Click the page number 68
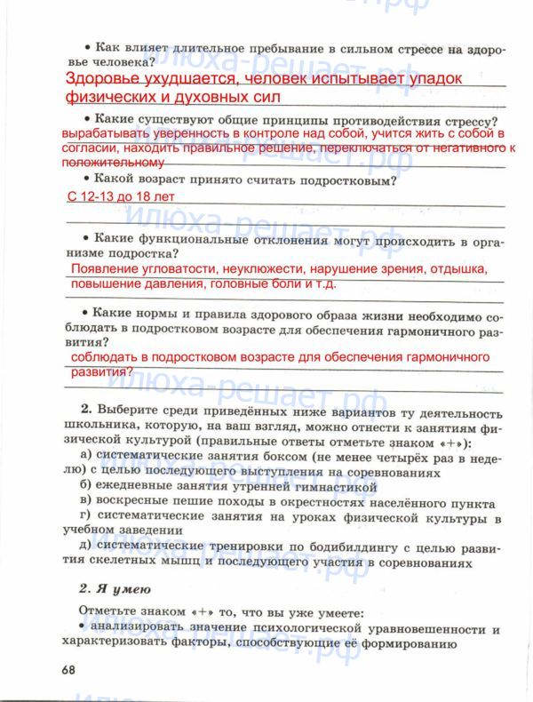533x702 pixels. (68, 668)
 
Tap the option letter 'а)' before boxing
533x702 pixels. (84, 456)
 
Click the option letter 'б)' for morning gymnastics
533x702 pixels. (85, 486)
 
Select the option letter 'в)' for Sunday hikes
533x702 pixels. (85, 501)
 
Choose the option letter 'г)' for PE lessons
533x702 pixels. (84, 516)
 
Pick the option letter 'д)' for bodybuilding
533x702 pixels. (85, 546)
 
